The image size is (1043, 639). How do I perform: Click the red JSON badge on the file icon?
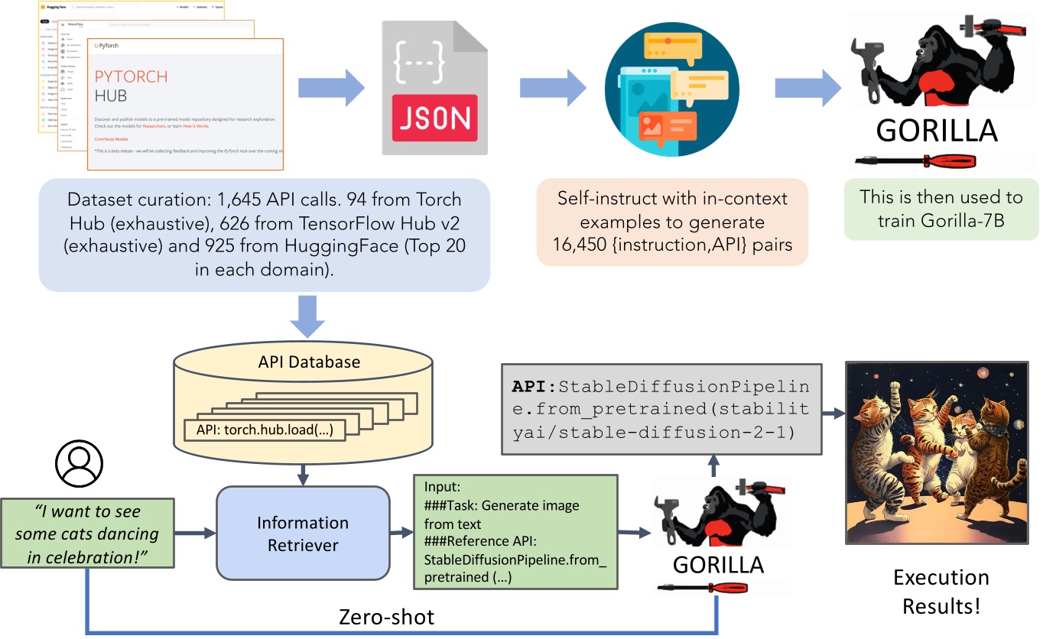[x=434, y=118]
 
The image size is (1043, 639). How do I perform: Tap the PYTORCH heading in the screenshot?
[x=131, y=76]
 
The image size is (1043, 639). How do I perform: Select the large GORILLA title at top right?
[x=937, y=130]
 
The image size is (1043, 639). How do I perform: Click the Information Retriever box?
[x=303, y=534]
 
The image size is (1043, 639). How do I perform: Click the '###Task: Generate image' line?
[x=502, y=506]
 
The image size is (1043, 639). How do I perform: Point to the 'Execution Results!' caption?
[x=941, y=592]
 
